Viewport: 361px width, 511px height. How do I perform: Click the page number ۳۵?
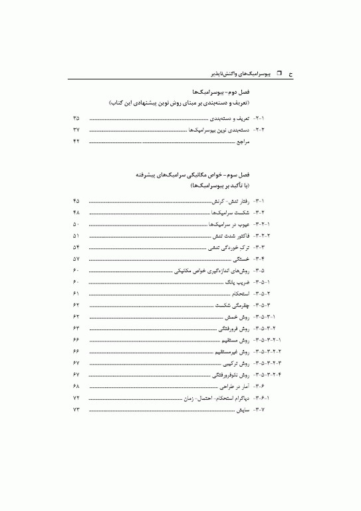click(x=76, y=118)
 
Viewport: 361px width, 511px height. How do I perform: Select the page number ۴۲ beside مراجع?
click(x=76, y=142)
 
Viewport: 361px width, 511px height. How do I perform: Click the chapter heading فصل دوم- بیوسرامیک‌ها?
click(x=220, y=90)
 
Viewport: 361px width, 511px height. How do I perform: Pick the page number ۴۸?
click(x=76, y=213)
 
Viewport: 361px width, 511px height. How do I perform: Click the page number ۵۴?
click(x=76, y=248)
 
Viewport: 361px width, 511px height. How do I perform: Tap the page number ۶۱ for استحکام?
click(x=76, y=294)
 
